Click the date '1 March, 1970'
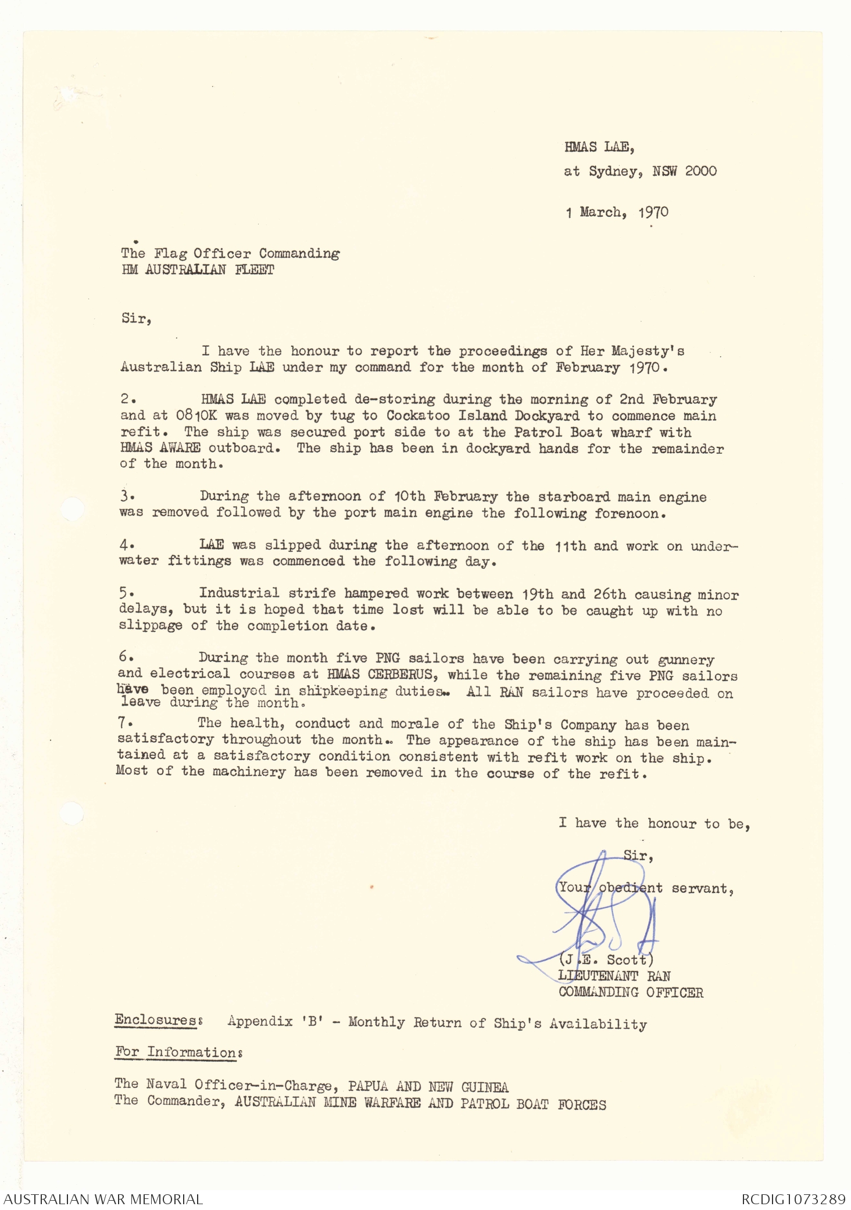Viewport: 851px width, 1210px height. click(x=617, y=213)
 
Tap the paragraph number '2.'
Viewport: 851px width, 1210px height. click(x=128, y=399)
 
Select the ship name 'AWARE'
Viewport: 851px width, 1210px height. click(x=180, y=448)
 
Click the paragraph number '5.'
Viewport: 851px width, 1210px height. click(x=127, y=593)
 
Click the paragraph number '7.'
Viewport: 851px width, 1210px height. click(x=126, y=723)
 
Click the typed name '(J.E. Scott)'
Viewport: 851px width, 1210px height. click(x=606, y=960)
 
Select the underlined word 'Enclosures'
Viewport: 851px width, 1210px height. click(x=156, y=1021)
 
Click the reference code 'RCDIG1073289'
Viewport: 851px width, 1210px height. click(x=793, y=1199)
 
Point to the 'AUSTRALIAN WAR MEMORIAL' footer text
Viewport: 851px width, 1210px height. click(x=103, y=1199)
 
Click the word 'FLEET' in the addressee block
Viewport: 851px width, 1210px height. click(x=255, y=270)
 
